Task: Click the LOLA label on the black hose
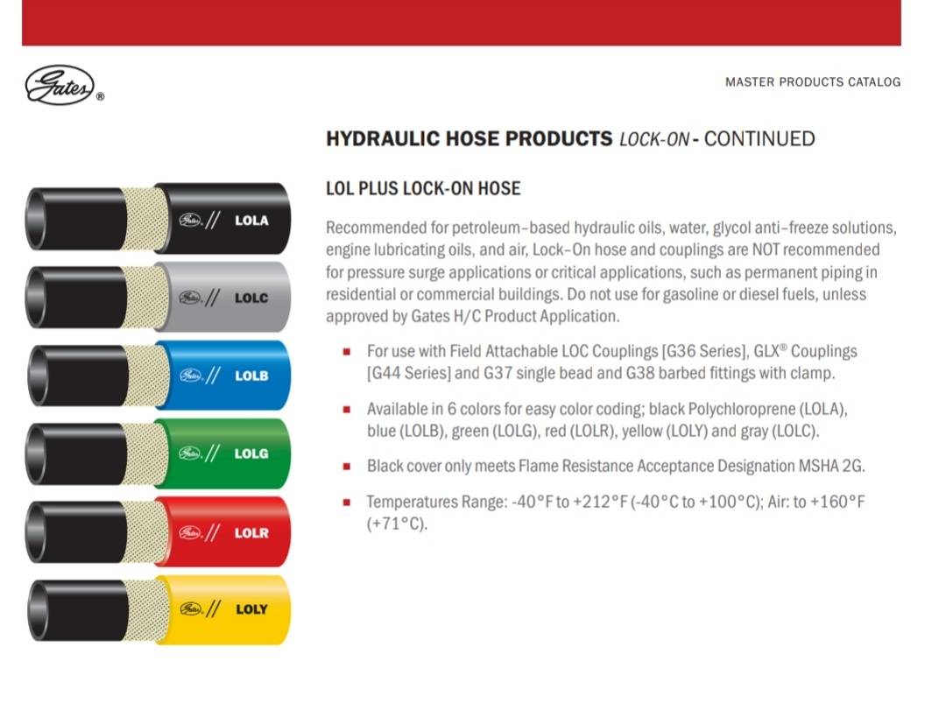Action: point(251,221)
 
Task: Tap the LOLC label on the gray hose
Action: point(251,298)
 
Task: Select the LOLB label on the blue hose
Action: point(251,376)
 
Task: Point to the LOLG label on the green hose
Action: point(251,453)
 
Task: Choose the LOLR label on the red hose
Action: point(251,533)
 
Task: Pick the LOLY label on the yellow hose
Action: point(251,609)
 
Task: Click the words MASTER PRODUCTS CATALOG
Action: point(813,82)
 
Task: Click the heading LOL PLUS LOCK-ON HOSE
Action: point(423,188)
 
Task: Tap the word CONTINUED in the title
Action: point(759,138)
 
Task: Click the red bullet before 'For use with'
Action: point(347,352)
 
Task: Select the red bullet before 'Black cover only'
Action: point(347,466)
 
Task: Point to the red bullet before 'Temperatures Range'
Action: point(347,502)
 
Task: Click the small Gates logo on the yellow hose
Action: point(190,609)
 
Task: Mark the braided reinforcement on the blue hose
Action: point(147,376)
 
